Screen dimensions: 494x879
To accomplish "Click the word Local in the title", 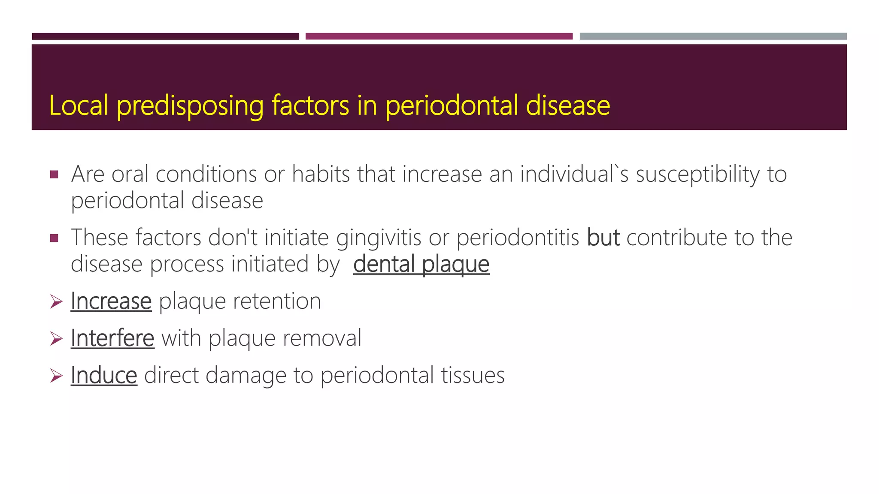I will [x=78, y=105].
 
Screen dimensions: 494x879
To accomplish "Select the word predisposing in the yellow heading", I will [x=190, y=106].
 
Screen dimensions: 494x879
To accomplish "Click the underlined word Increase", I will [x=111, y=301].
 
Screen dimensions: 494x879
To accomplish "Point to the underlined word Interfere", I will [x=112, y=338].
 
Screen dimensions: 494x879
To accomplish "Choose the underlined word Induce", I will [x=104, y=376].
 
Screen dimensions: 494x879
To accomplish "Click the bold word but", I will [x=603, y=238].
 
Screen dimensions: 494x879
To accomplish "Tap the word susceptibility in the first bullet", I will [x=698, y=175].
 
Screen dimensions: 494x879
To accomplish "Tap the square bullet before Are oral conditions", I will [x=54, y=175].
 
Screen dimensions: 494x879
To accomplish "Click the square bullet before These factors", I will [x=54, y=238].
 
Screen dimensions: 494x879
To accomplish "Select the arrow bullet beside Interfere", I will [x=56, y=339].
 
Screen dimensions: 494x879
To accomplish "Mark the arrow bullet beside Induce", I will [x=56, y=376].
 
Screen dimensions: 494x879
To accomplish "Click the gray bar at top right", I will [x=713, y=36].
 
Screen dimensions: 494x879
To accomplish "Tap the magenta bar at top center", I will [x=439, y=36].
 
